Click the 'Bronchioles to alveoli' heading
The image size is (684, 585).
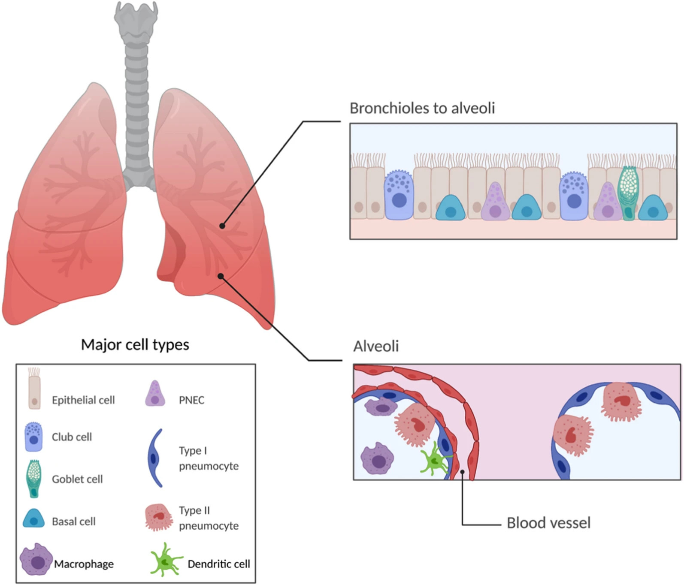pos(422,108)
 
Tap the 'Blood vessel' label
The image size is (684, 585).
pos(548,523)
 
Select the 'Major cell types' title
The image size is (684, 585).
pos(135,344)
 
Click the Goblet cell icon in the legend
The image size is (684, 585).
pos(33,478)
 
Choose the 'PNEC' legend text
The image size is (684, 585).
pos(191,400)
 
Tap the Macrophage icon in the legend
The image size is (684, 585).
pos(36,560)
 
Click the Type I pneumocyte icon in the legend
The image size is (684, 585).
pos(155,458)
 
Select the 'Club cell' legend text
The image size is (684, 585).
pos(72,437)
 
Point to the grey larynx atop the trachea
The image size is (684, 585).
pos(136,17)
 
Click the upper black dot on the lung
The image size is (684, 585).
pos(222,226)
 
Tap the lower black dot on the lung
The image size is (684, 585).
pos(221,276)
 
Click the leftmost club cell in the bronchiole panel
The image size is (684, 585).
pos(399,195)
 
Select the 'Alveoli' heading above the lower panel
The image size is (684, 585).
pos(376,346)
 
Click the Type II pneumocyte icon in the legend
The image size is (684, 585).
pos(159,517)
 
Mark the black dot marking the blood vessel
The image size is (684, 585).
pos(462,472)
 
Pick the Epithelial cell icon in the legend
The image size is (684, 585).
pos(34,388)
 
